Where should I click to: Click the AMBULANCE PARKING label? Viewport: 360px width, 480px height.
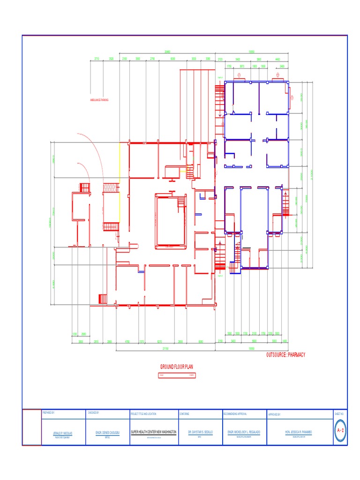click(x=99, y=100)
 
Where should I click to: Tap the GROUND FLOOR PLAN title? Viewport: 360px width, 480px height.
click(x=177, y=366)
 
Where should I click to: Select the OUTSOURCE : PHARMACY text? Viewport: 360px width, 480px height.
click(x=285, y=355)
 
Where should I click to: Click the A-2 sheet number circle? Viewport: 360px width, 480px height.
click(x=341, y=430)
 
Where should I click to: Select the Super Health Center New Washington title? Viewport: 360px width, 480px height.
click(x=154, y=431)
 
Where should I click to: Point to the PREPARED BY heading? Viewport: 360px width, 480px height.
click(x=48, y=413)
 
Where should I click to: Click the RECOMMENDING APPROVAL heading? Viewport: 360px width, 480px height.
click(x=235, y=414)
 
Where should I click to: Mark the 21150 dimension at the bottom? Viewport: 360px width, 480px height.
click(x=165, y=349)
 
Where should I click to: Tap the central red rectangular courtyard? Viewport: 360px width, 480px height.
click(x=171, y=221)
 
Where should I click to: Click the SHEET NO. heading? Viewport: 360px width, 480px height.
click(x=339, y=413)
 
